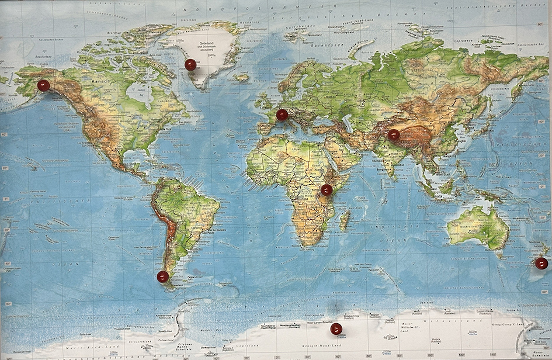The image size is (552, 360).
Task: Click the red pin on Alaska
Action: click(43, 85)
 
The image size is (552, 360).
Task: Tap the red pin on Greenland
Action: click(190, 64)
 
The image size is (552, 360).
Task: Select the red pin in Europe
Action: click(282, 115)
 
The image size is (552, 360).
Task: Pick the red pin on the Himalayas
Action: click(394, 135)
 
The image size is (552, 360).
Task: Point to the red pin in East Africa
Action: click(327, 189)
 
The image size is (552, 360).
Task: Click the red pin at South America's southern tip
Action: click(163, 276)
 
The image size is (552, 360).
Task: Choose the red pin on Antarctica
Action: click(336, 329)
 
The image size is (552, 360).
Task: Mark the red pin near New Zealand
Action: click(541, 263)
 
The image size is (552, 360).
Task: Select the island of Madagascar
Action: click(345, 220)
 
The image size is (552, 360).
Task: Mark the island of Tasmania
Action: click(499, 255)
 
